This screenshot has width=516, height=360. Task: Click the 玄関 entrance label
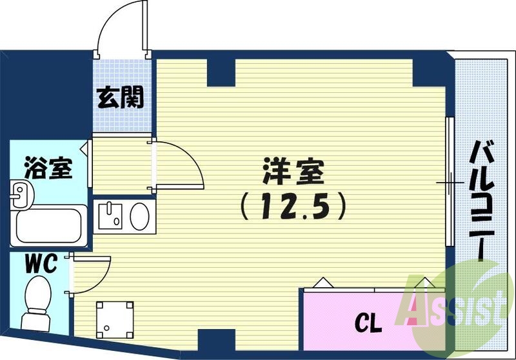pos(121,99)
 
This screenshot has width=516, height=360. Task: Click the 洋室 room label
pos(293,173)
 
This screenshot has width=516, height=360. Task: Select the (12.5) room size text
pos(293,206)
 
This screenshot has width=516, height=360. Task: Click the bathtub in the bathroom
pos(51,225)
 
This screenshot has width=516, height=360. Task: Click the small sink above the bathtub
pos(21,194)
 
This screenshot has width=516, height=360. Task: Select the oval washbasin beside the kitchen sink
pos(140,215)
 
